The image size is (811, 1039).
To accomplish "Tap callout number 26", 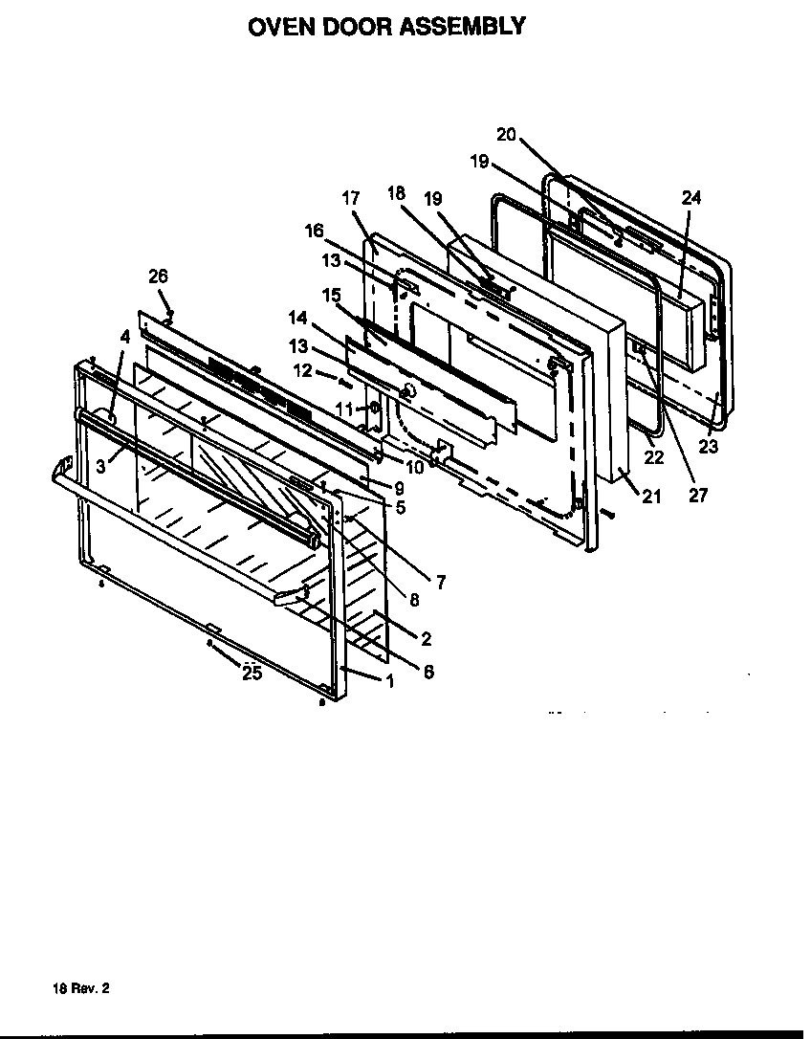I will pyautogui.click(x=158, y=276).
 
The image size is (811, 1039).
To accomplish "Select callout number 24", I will pyautogui.click(x=691, y=198).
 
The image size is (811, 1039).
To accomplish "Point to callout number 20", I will pyautogui.click(x=506, y=134).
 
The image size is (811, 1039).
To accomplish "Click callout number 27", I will pyautogui.click(x=699, y=496).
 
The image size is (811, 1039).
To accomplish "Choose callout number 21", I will pyautogui.click(x=651, y=497).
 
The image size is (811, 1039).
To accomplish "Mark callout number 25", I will pyautogui.click(x=252, y=674).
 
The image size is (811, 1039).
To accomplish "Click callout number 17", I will pyautogui.click(x=350, y=198).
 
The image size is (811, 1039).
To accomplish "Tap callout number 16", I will pyautogui.click(x=315, y=231).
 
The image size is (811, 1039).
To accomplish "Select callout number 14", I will pyautogui.click(x=298, y=316).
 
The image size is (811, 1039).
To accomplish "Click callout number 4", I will pyautogui.click(x=125, y=335).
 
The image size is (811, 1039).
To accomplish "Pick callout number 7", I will pyautogui.click(x=440, y=581).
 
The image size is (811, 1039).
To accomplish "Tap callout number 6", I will pyautogui.click(x=427, y=672).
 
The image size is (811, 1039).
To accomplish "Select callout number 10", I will pyautogui.click(x=413, y=467).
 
